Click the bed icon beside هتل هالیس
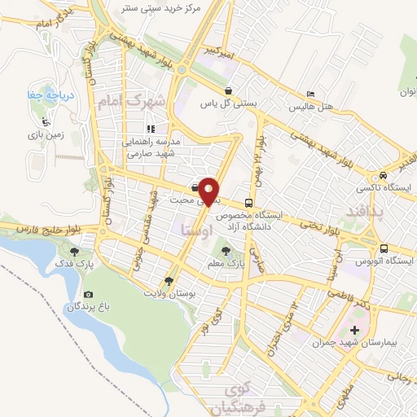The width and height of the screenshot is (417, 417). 308,94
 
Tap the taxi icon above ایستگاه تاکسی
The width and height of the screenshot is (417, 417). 381,176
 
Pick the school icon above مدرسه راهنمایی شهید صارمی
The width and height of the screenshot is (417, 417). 150,128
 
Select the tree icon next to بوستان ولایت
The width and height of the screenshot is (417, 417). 169,281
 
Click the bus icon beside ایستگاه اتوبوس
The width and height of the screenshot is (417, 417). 382,248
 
